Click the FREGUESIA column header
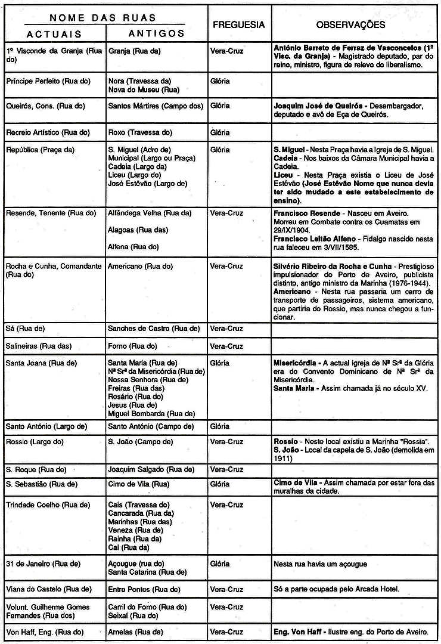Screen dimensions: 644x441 (x=238, y=24)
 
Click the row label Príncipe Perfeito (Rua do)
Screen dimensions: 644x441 (x=41, y=80)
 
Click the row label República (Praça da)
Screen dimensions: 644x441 (x=40, y=150)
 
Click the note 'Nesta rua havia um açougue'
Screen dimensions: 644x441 (x=321, y=563)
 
